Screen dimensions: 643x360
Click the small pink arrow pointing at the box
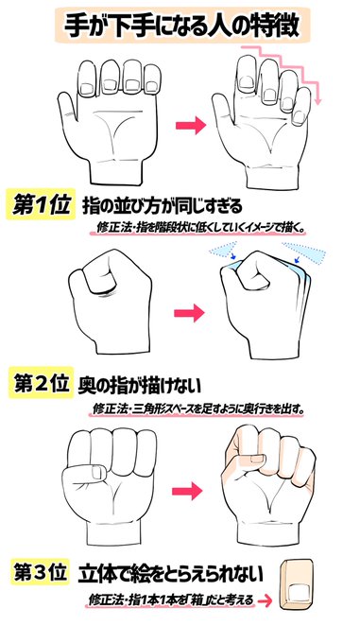click(267, 600)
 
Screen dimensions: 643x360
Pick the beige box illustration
click(300, 584)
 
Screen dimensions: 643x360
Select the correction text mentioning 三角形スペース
click(198, 408)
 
